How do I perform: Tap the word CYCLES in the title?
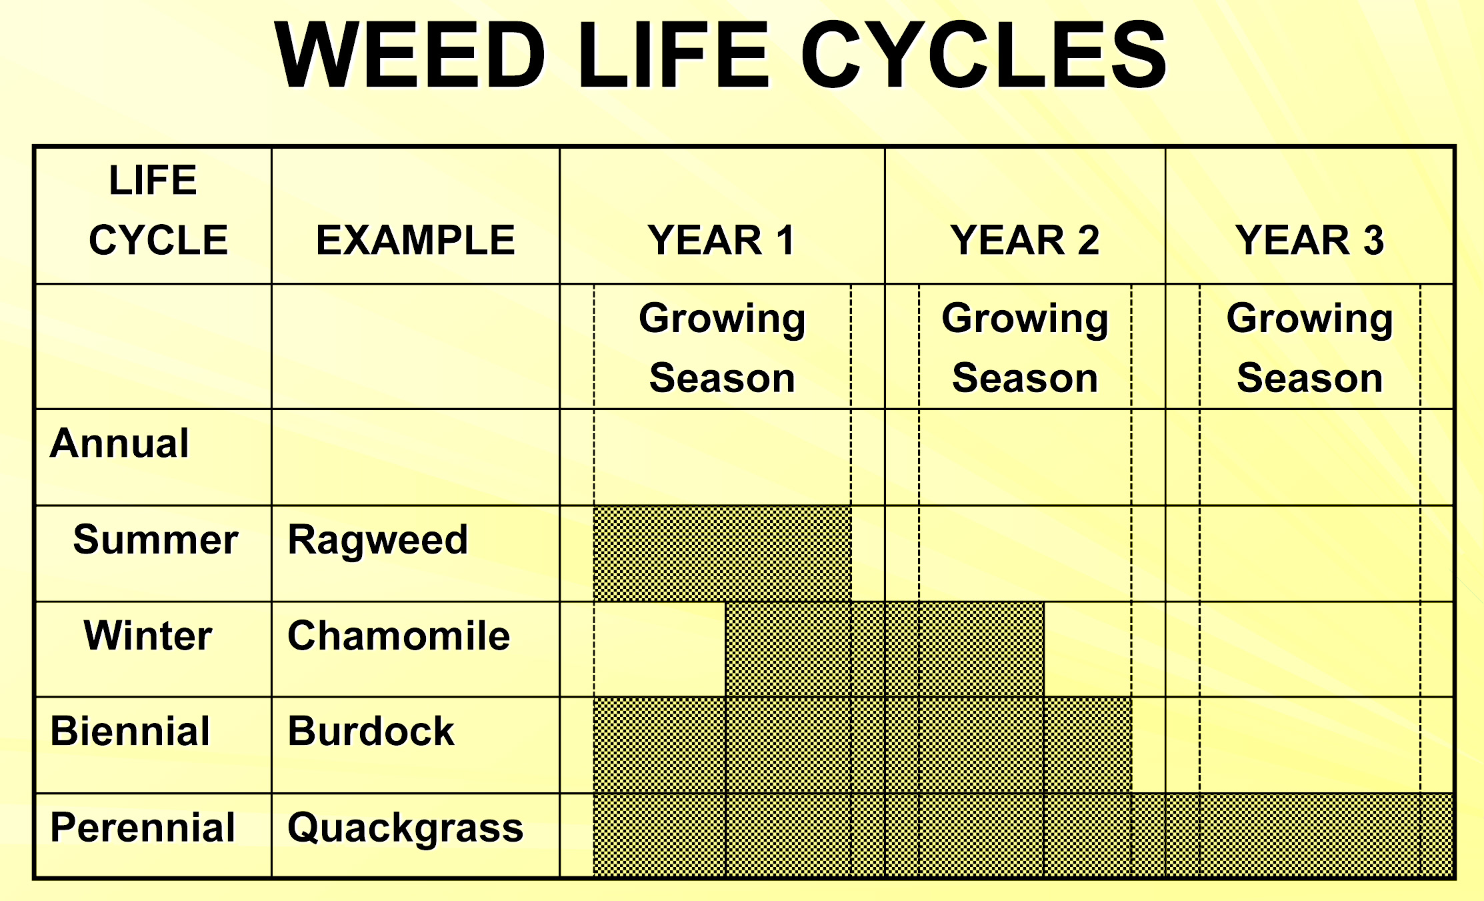click(x=984, y=55)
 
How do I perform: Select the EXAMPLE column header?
click(x=416, y=240)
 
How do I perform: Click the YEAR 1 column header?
click(x=722, y=240)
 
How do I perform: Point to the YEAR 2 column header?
click(x=1025, y=240)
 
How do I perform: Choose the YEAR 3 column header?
click(x=1310, y=240)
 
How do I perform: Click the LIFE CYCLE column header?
click(x=158, y=210)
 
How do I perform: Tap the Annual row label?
click(x=120, y=443)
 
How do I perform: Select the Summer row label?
click(x=156, y=540)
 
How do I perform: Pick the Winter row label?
click(x=148, y=636)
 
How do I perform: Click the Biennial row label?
click(x=131, y=732)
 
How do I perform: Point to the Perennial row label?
click(x=143, y=828)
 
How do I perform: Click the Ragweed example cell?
click(x=378, y=540)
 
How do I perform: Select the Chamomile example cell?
click(x=399, y=636)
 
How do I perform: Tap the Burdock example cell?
click(x=371, y=732)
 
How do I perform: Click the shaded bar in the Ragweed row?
click(x=723, y=554)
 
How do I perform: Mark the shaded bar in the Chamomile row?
click(x=885, y=650)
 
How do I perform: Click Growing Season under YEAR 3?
click(x=1310, y=348)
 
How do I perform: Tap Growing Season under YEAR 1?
click(x=723, y=348)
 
